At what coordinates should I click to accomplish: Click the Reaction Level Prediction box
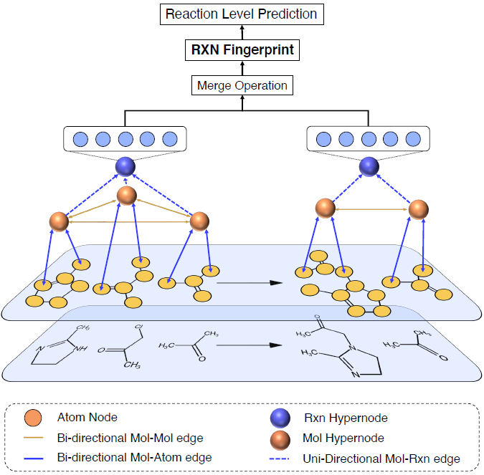pos(241,14)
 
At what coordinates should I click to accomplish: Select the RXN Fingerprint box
pos(241,50)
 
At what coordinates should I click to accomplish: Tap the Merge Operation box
pos(242,85)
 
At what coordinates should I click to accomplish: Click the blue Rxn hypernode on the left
pos(125,166)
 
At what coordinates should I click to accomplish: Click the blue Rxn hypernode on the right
pos(369,166)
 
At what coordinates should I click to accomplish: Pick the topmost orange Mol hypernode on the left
pos(127,195)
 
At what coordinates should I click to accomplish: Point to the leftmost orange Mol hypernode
pos(59,221)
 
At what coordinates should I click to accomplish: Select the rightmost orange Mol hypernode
pos(418,209)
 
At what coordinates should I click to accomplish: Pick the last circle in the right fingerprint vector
pos(412,139)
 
